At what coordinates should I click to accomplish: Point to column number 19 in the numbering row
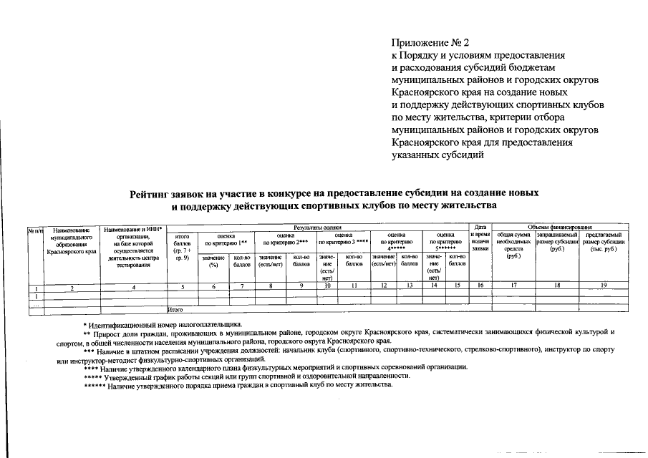coord(603,286)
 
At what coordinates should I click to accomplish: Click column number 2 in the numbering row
coord(72,286)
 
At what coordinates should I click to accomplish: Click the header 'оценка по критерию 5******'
coord(445,242)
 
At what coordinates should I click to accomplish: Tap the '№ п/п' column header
coord(35,230)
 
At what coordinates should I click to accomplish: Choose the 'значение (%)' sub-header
coord(213,260)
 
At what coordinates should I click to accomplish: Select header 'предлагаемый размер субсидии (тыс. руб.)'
coord(603,242)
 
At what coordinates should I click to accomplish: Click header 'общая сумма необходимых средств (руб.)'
coord(513,245)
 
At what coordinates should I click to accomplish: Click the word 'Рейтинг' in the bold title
coord(153,193)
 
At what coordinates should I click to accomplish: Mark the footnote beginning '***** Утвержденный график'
coord(246,376)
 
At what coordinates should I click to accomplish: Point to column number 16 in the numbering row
coord(480,286)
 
